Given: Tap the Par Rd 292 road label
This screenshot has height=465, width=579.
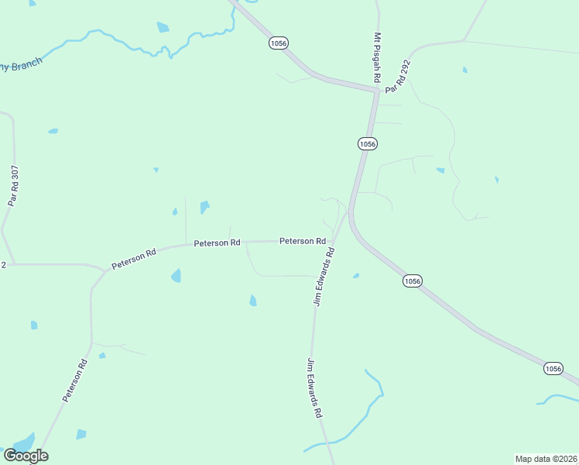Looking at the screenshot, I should [x=399, y=74].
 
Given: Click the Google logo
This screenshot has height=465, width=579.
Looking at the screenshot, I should [x=26, y=455].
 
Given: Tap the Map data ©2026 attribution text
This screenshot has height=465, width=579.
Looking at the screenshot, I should [x=546, y=458].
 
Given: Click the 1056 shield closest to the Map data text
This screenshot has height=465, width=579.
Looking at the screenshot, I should [x=553, y=369].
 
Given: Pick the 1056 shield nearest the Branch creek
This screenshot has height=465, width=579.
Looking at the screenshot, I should [x=279, y=43].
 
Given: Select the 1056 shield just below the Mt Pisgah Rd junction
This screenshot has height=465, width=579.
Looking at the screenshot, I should [x=367, y=143].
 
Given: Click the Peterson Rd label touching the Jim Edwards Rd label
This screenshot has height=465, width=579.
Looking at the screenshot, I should [x=302, y=241].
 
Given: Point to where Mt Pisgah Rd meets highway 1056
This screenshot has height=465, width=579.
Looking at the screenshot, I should [x=377, y=91].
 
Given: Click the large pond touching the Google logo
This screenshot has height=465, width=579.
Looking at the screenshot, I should [x=23, y=443].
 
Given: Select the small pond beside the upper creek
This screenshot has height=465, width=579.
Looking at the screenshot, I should [x=163, y=28].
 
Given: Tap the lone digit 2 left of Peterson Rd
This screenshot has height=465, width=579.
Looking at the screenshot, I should [x=3, y=264].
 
